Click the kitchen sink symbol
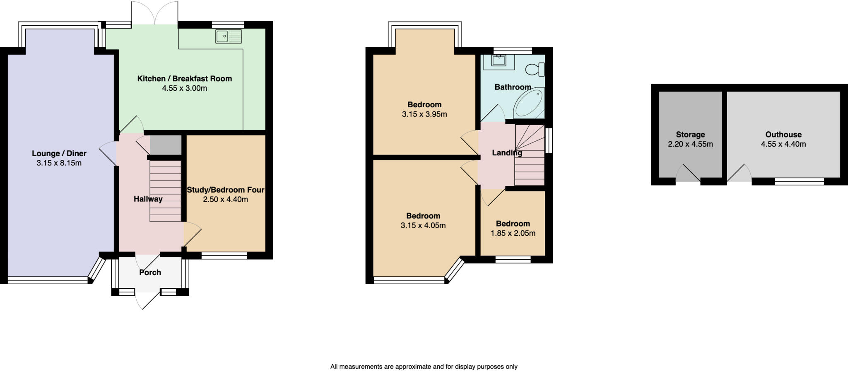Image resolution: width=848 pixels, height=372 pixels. pyautogui.click(x=229, y=36)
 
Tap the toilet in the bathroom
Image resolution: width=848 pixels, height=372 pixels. pyautogui.click(x=536, y=70)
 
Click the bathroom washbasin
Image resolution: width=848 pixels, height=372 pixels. pyautogui.click(x=499, y=61)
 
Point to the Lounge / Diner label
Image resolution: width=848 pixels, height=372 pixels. pyautogui.click(x=59, y=153)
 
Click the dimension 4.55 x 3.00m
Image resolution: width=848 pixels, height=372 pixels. pyautogui.click(x=184, y=88)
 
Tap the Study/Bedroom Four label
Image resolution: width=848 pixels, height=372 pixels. pyautogui.click(x=225, y=190)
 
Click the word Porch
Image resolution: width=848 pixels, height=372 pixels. pyautogui.click(x=150, y=272)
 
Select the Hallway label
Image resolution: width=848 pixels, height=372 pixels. pyautogui.click(x=148, y=199)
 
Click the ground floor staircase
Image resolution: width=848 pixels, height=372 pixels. pyautogui.click(x=165, y=191)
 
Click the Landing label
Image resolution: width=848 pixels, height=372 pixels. pyautogui.click(x=506, y=152)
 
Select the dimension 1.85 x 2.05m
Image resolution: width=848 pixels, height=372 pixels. pyautogui.click(x=513, y=233)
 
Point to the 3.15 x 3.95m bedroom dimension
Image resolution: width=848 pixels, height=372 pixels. pyautogui.click(x=424, y=114)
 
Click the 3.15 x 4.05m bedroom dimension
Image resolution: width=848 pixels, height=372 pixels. pyautogui.click(x=423, y=225)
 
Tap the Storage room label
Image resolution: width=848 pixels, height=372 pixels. pyautogui.click(x=690, y=134)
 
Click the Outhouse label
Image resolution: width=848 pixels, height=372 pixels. pyautogui.click(x=783, y=134)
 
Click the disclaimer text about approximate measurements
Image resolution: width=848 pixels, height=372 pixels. pyautogui.click(x=424, y=367)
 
